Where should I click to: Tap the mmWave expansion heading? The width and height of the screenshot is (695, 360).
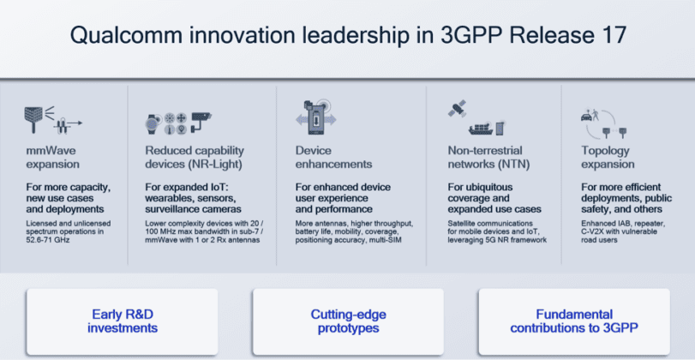(52, 157)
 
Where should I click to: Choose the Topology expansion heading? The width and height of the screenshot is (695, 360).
(611, 157)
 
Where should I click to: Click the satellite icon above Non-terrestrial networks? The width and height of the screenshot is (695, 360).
(457, 110)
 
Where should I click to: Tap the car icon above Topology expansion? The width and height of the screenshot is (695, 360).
(590, 114)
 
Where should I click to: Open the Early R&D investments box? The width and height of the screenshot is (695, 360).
(123, 321)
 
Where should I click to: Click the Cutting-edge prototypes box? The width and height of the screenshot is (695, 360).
(348, 321)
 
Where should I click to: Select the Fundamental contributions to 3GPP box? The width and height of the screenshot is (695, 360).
(573, 321)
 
